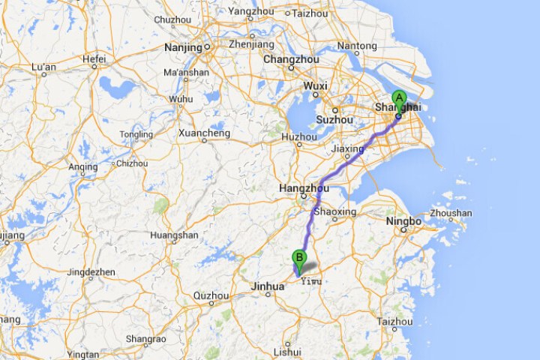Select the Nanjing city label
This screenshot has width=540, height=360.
(183, 47)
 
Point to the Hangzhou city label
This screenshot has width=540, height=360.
(303, 188)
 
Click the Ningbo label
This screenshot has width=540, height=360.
(403, 221)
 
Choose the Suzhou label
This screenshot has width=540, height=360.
(334, 119)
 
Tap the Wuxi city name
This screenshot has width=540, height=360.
(315, 86)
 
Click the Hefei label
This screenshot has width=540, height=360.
(94, 58)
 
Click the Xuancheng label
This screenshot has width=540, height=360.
(204, 133)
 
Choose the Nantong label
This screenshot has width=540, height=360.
(357, 46)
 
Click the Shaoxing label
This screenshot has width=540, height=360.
(334, 211)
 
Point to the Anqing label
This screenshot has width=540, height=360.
(82, 166)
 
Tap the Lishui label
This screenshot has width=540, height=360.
(288, 351)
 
